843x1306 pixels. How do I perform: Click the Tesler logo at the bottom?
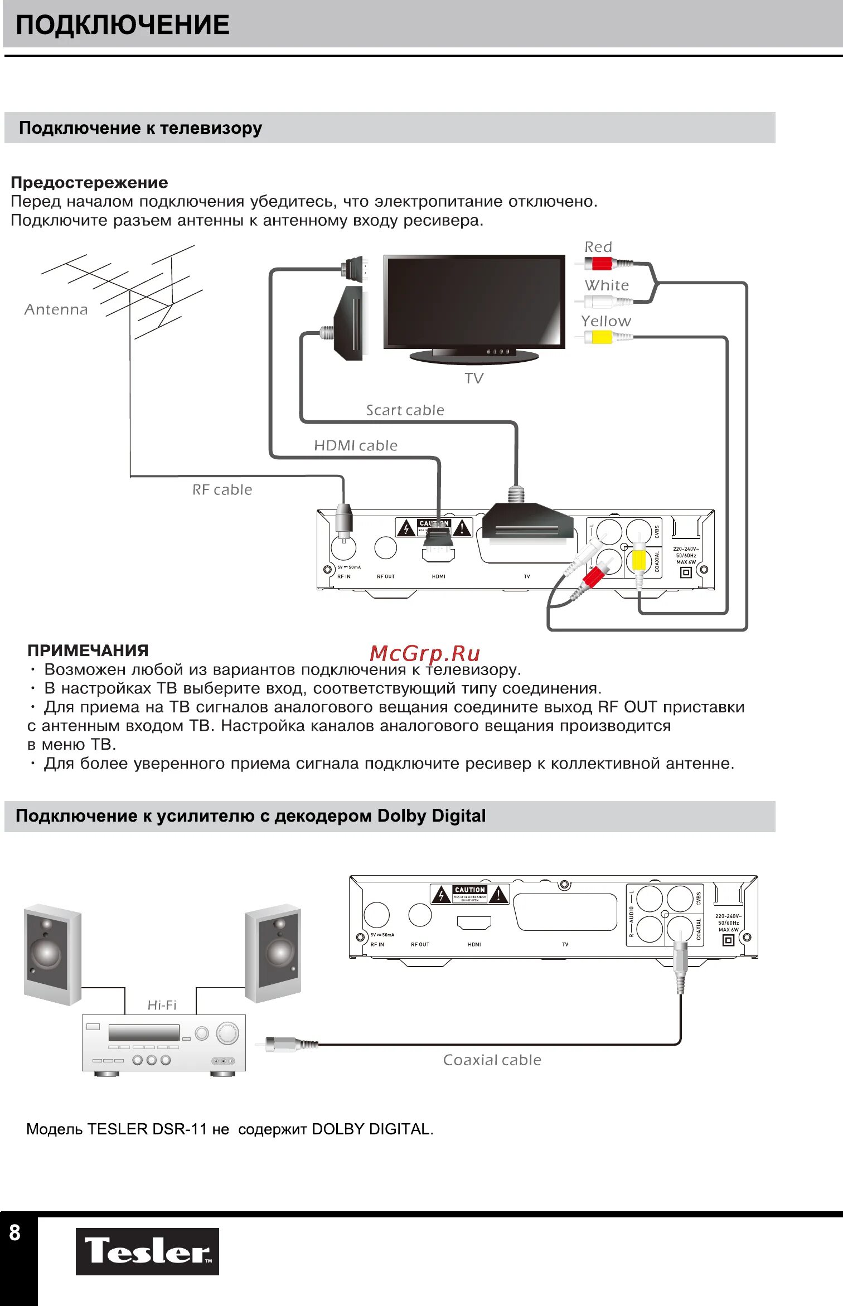[147, 1251]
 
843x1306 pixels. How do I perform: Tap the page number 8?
[15, 1232]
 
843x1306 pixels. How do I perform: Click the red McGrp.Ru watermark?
[424, 653]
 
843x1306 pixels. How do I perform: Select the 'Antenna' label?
[56, 309]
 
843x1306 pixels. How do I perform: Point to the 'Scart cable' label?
[405, 410]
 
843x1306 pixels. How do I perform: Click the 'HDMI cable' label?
[356, 445]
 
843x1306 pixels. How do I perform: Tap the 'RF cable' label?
[222, 489]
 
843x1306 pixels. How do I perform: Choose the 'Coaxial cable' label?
[492, 1060]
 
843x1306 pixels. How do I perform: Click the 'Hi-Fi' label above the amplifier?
[162, 1004]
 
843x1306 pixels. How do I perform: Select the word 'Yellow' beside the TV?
[605, 321]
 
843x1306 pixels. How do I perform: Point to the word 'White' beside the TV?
[607, 285]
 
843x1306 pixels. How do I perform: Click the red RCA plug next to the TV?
[602, 263]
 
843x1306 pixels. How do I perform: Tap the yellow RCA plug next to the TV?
[602, 337]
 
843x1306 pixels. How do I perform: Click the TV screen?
[474, 302]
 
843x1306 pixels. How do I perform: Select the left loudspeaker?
[52, 954]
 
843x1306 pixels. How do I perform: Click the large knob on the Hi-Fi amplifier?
[227, 1033]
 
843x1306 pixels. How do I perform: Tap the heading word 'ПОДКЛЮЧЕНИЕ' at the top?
[122, 25]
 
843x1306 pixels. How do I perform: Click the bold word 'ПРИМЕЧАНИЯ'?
[88, 650]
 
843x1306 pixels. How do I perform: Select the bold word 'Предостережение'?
[89, 182]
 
